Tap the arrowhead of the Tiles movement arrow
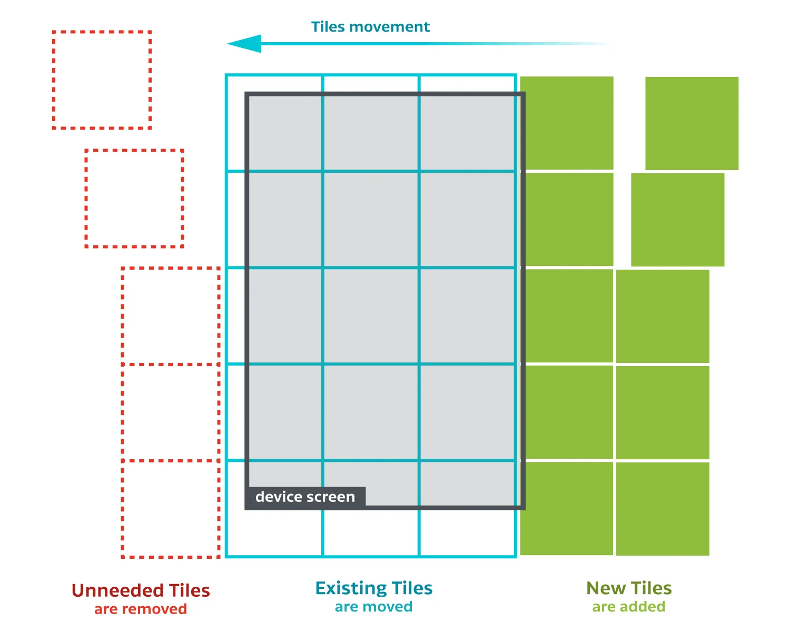pos(244,44)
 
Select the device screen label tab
pos(305,497)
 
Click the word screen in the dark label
pos(332,497)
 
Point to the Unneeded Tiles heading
pos(141,590)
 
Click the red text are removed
pos(141,609)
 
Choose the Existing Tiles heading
pos(374,588)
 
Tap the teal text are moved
pos(374,607)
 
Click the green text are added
pos(629,607)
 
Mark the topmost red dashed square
pos(102,80)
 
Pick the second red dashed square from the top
pos(134,199)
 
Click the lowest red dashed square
pos(171,509)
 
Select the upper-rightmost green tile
pos(692,123)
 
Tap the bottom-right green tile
pos(663,509)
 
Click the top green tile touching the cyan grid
pos(567,123)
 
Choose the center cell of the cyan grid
pos(371,316)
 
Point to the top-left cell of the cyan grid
pos(274,123)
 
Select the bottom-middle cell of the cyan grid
pos(371,532)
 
